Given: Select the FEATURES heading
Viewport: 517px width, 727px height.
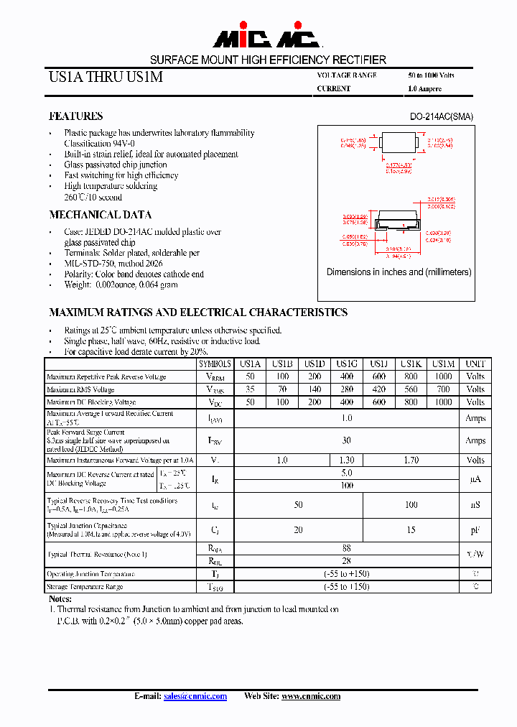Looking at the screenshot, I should tap(75, 116).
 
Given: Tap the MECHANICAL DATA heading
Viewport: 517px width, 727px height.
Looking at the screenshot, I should tap(100, 215).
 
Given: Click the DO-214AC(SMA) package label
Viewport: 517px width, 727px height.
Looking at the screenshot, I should tap(441, 116).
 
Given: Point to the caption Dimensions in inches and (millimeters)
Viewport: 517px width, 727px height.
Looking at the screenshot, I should tap(399, 272).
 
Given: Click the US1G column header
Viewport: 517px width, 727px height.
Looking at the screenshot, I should tap(346, 364).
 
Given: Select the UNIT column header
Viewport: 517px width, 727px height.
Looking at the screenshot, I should tap(475, 364).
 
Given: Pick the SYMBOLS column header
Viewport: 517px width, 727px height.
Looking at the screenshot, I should tap(215, 364).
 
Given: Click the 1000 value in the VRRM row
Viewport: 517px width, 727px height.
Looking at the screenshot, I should tap(444, 376).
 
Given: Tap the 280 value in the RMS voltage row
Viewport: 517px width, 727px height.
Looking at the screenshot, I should tap(346, 389).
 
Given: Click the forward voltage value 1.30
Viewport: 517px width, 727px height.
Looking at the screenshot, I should tap(346, 460).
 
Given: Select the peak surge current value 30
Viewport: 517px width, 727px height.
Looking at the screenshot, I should tap(346, 440).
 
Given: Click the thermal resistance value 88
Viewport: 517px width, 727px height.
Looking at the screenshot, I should tap(346, 548).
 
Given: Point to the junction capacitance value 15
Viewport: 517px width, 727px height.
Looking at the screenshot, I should tap(411, 530).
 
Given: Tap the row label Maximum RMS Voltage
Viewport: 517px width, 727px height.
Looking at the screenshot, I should tap(80, 390).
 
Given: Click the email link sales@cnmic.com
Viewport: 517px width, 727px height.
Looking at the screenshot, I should tap(195, 696).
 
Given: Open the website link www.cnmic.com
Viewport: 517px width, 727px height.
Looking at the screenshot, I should tap(310, 696).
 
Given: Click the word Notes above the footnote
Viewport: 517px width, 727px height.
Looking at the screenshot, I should tap(60, 598).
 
